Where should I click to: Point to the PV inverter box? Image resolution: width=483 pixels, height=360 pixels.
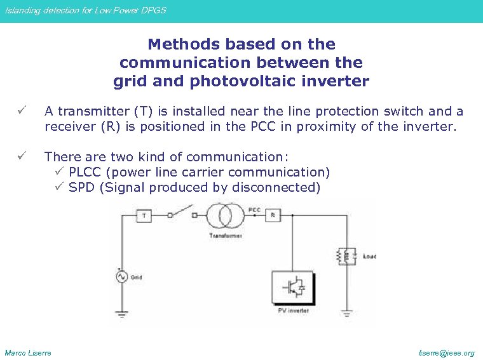pos(293,288)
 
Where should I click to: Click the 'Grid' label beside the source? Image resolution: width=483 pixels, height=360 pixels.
pos(137,277)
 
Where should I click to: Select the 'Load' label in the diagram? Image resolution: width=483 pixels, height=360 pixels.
pos(369,257)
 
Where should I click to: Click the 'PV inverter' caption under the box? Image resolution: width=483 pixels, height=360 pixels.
pos(293,311)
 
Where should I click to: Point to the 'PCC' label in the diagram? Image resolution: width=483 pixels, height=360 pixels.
pos(254,209)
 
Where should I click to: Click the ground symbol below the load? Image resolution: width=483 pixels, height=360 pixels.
pos(347,313)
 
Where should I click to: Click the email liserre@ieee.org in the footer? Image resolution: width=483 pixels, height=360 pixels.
pos(446,353)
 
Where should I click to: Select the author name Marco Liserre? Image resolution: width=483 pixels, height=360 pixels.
pos(28,353)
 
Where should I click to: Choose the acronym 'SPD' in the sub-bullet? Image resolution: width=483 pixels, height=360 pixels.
pos(81,187)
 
